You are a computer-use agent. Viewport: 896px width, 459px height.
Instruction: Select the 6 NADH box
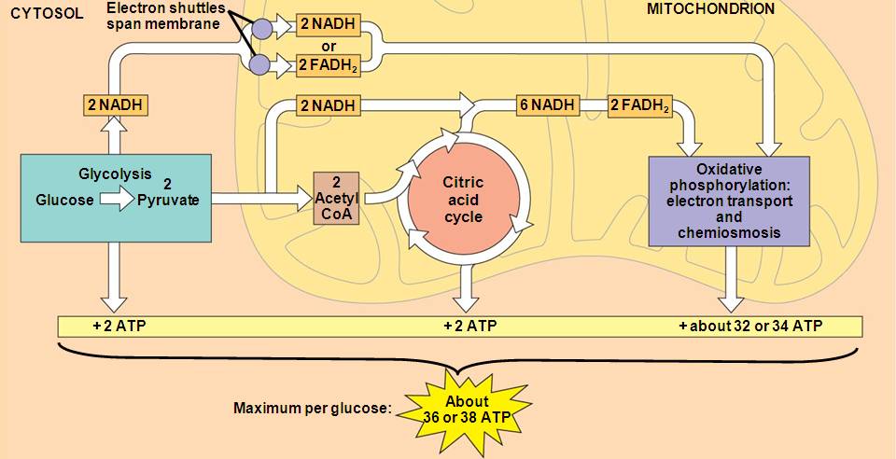(548, 105)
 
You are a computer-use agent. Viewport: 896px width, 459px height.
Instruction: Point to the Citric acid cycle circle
(463, 200)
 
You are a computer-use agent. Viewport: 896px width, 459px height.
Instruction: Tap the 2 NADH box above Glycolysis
(114, 105)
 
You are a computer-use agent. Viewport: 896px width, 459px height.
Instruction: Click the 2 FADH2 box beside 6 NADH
(640, 105)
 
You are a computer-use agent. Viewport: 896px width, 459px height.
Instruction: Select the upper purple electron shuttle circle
(261, 27)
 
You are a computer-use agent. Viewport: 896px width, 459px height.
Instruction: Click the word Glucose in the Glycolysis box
(63, 200)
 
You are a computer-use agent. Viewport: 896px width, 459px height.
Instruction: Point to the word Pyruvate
(168, 200)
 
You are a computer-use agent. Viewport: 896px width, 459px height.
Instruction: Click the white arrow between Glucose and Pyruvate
(118, 199)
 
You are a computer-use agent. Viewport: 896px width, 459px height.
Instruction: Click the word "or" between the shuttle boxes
(328, 46)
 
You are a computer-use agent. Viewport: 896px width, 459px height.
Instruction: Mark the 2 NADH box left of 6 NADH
(328, 105)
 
